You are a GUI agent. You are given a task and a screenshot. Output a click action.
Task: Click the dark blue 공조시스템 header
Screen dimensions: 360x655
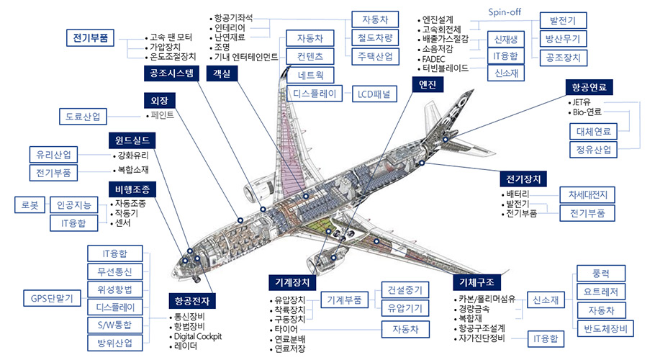click(171, 73)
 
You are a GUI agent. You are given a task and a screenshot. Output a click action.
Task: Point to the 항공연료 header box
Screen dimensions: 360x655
click(589, 87)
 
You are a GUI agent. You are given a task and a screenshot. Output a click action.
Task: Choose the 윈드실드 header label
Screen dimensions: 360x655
click(131, 139)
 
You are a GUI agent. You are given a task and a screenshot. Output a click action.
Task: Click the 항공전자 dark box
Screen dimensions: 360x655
click(191, 300)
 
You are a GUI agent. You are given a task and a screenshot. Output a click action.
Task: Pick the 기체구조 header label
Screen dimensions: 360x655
click(477, 281)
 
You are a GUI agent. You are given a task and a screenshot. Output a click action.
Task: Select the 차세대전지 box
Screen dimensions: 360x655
click(587, 194)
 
